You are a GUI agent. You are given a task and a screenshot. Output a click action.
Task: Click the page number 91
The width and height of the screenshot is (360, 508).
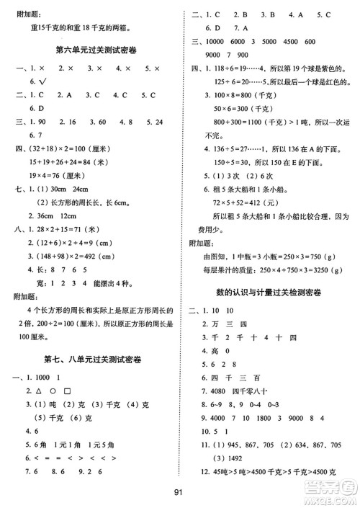coord(180,492)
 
